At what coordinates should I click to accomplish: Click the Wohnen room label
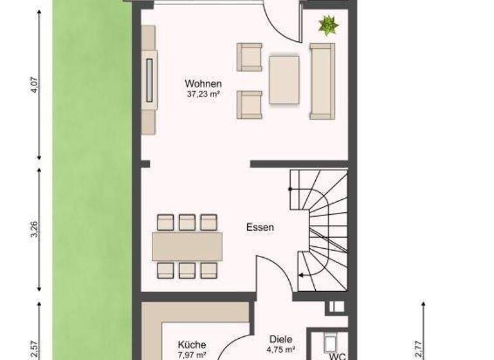pyautogui.click(x=203, y=84)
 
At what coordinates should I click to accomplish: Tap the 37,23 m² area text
pyautogui.click(x=203, y=94)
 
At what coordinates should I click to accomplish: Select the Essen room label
pyautogui.click(x=260, y=227)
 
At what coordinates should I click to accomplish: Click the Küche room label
pyautogui.click(x=192, y=345)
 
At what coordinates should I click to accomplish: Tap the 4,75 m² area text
pyautogui.click(x=282, y=350)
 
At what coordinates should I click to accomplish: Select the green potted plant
pyautogui.click(x=328, y=26)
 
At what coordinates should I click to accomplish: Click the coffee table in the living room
pyautogui.click(x=284, y=80)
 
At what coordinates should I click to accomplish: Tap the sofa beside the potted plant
pyautogui.click(x=322, y=81)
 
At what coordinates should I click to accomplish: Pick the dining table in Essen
pyautogui.click(x=187, y=246)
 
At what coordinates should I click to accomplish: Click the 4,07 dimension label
pyautogui.click(x=34, y=86)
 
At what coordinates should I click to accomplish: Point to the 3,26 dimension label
pyautogui.click(x=34, y=230)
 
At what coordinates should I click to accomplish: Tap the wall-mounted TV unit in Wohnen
pyautogui.click(x=149, y=80)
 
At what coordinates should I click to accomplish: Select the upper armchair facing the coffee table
pyautogui.click(x=249, y=57)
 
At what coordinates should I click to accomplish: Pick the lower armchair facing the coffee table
pyautogui.click(x=249, y=104)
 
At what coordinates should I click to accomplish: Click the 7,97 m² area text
pyautogui.click(x=192, y=355)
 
